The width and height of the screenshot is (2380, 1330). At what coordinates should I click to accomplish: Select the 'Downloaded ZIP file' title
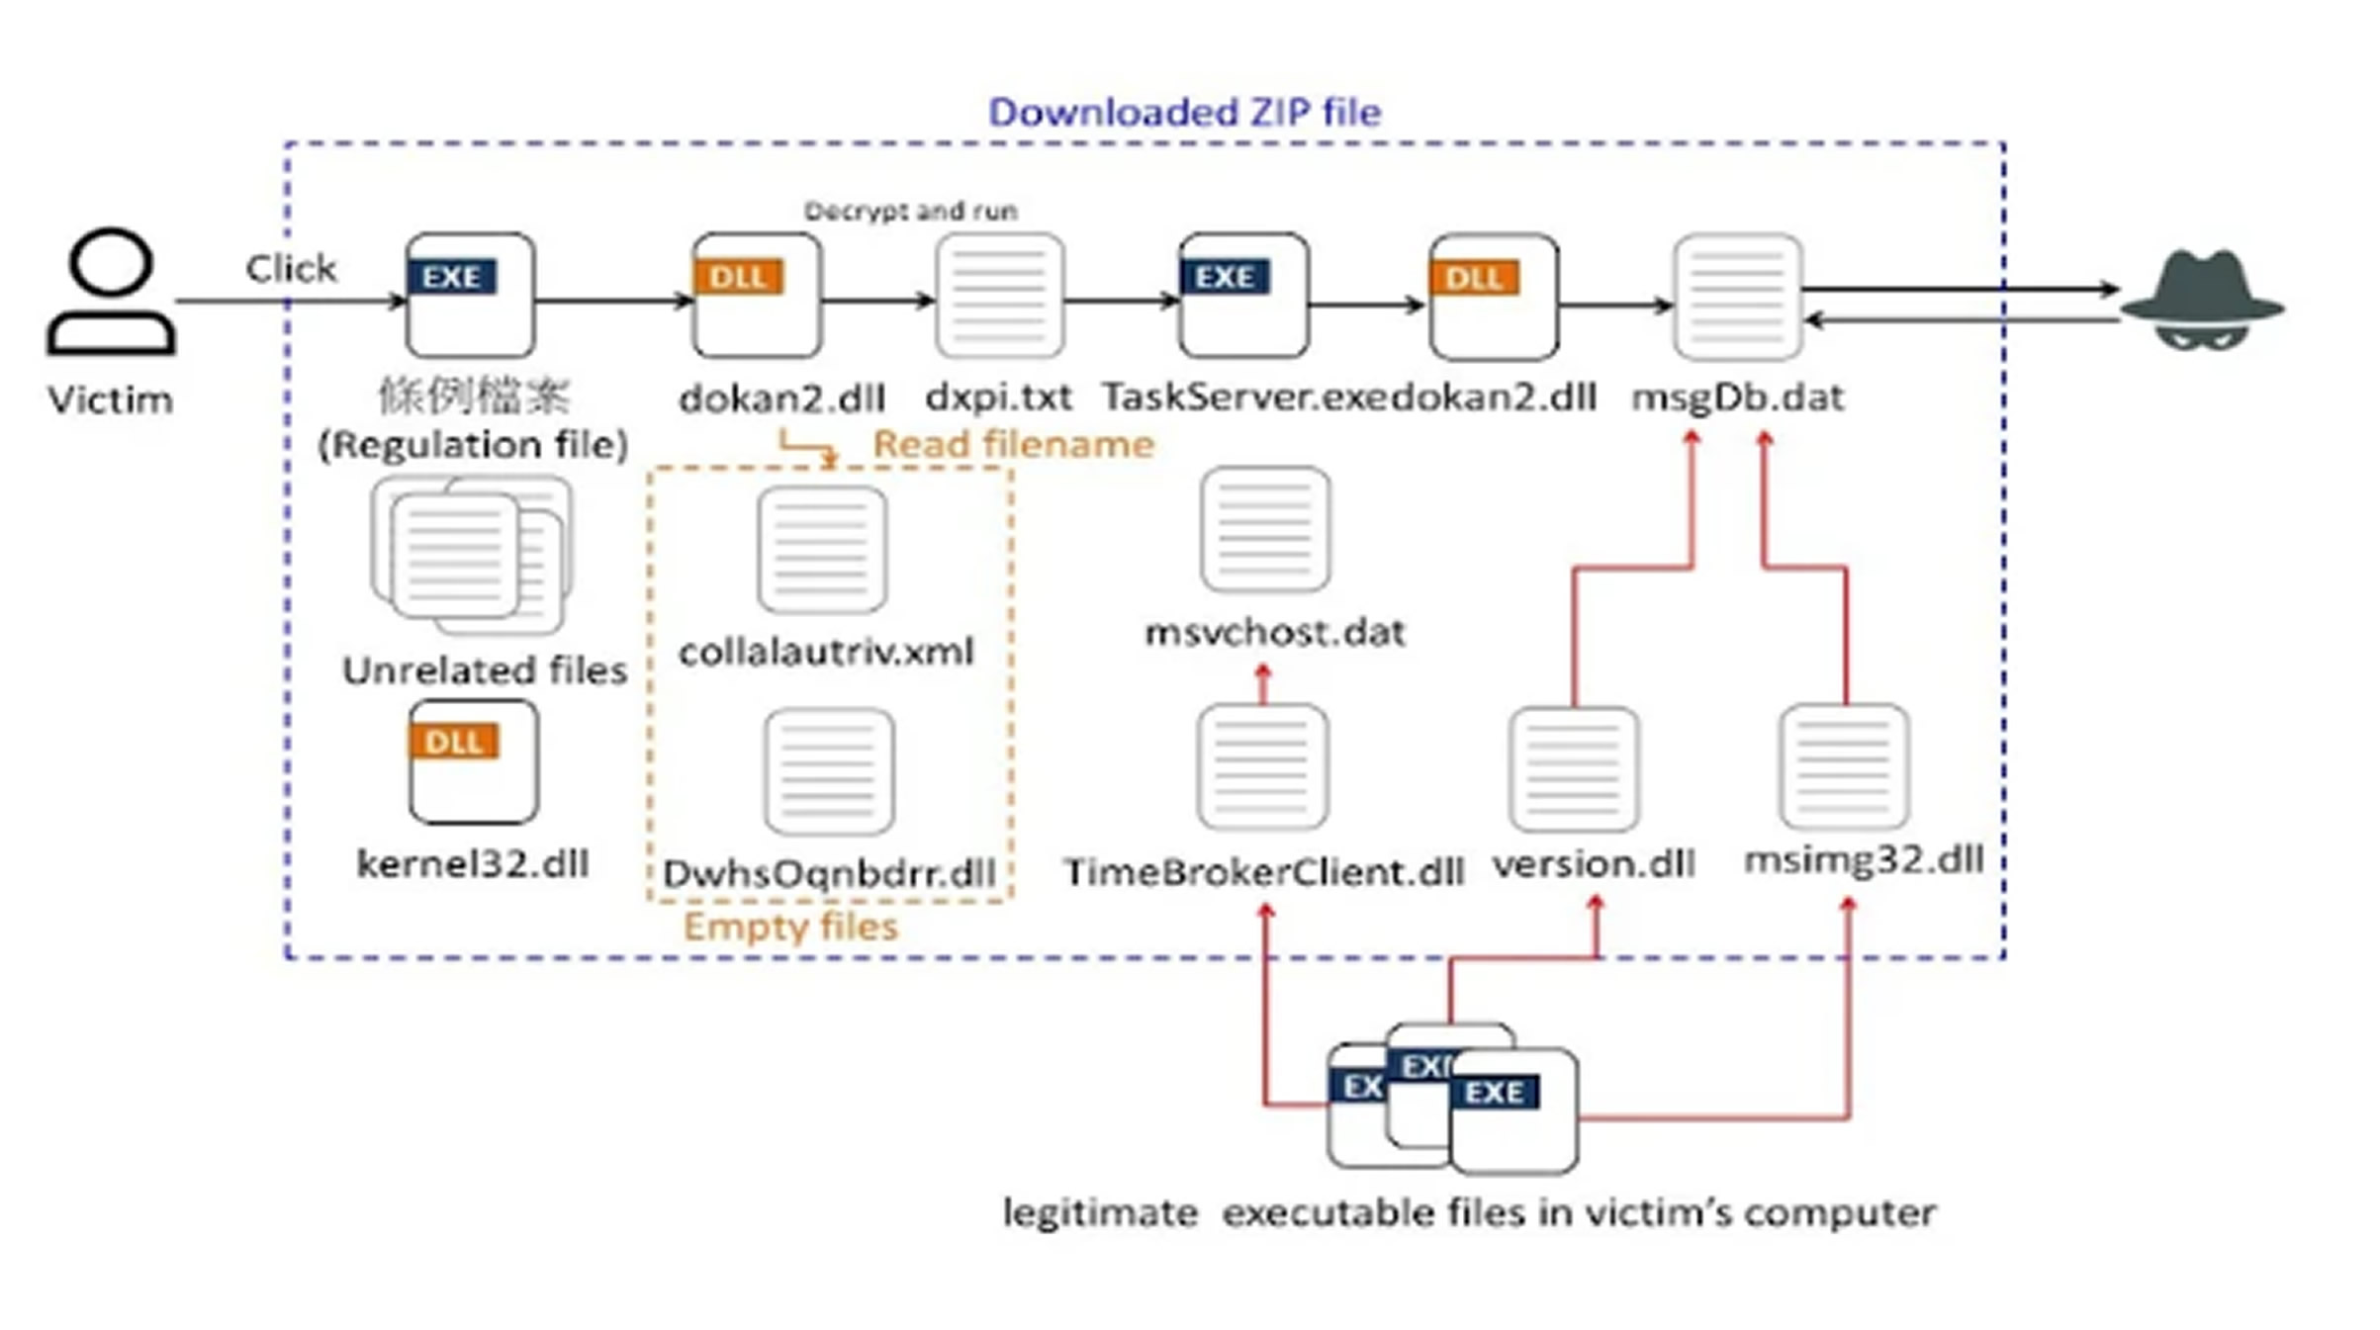pos(1184,112)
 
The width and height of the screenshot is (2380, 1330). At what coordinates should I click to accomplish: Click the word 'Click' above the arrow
pos(291,268)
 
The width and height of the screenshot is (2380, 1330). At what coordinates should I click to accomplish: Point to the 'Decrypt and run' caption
pos(910,211)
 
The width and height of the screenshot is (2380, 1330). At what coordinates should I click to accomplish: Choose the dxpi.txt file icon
pos(1000,295)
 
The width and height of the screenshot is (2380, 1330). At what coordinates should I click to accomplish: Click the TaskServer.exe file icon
pos(1243,295)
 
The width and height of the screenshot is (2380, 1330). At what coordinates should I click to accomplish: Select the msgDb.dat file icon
pos(1738,296)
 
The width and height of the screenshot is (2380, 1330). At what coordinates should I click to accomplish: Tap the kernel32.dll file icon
pos(474,761)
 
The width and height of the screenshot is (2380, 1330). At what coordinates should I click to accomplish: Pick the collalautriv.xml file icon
pos(822,550)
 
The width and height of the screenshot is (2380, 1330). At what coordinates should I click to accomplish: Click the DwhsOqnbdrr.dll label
pos(829,874)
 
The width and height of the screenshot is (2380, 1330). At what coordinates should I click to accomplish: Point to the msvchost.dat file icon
pos(1265,530)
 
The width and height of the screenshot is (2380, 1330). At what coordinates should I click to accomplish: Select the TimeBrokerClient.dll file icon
pos(1262,766)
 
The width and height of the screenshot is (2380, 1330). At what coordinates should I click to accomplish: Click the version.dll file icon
pos(1574,768)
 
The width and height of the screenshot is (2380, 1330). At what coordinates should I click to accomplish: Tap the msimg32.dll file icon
pos(1844,766)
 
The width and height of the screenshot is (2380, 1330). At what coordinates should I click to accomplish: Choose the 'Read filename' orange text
pos(1013,444)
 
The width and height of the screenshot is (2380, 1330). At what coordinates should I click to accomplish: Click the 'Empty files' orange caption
pos(790,927)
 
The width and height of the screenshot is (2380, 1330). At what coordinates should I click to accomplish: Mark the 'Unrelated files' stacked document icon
pos(472,555)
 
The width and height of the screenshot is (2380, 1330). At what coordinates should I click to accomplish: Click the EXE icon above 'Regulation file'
pos(471,295)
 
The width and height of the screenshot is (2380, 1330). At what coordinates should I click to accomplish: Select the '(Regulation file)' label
pos(473,444)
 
